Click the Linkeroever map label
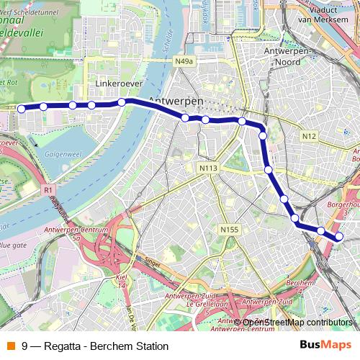pos(116,84)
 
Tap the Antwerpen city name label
pos(175,100)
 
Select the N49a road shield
pos(184,62)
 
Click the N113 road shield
pos(208,168)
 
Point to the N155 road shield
pos(229,229)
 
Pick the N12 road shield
pos(309,136)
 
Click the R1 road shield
pos(48,190)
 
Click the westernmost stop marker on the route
pos(22,109)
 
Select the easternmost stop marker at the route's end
pos(339,236)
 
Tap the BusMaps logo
pos(325,346)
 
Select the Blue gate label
pos(14,245)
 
